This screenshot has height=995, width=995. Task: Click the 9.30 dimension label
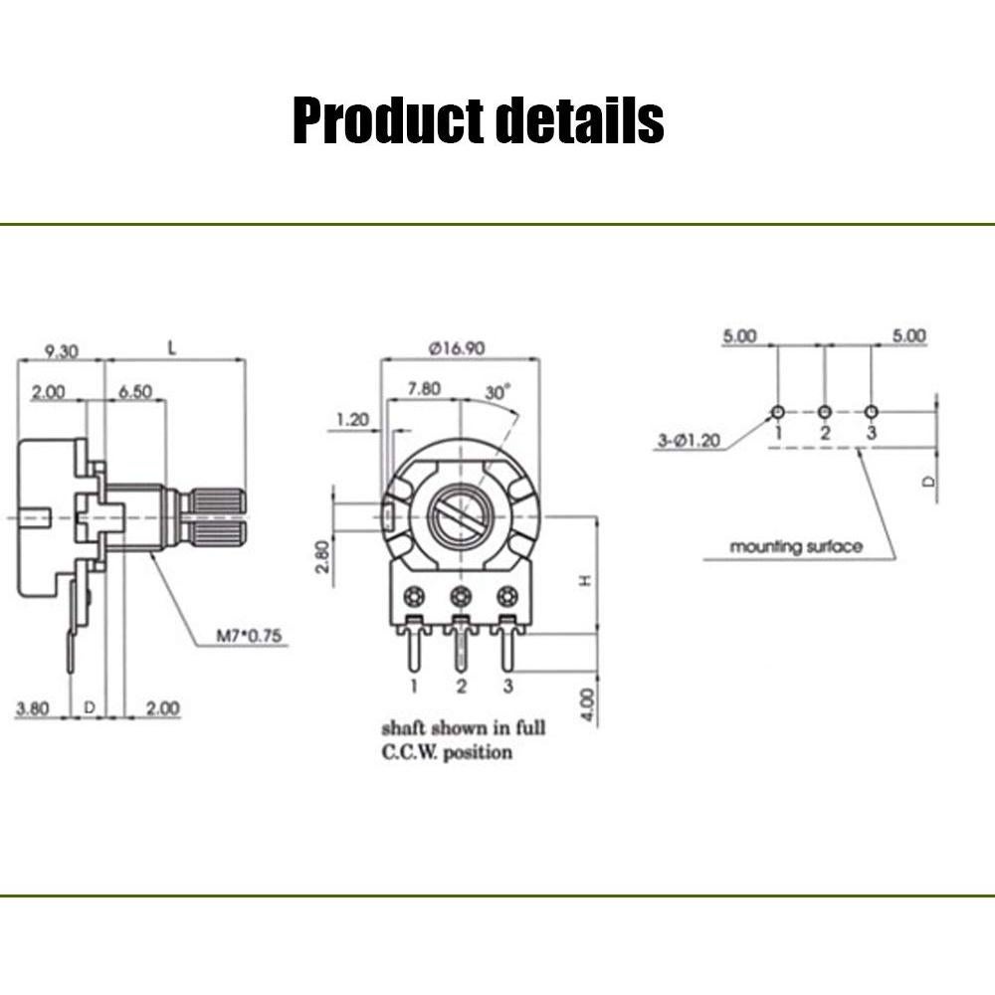point(62,350)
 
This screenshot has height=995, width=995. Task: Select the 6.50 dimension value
point(134,392)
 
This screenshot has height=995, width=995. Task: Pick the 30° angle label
point(497,392)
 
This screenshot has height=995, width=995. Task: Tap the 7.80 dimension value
point(423,389)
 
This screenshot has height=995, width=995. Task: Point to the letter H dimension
point(586,579)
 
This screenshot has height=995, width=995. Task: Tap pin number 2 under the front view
point(461,686)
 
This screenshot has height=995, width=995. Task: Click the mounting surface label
point(796,546)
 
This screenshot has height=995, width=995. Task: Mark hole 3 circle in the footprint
point(872,411)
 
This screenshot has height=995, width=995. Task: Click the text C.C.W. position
point(447,752)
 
